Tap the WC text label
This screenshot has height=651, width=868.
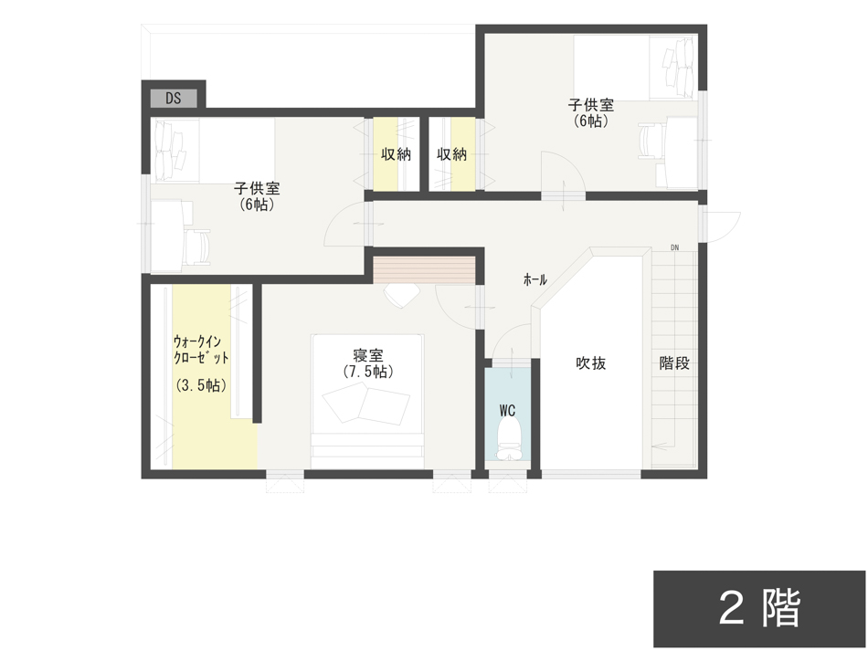(508, 411)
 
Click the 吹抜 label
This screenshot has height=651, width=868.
(590, 362)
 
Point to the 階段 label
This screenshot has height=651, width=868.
(674, 362)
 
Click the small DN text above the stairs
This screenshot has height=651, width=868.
(674, 247)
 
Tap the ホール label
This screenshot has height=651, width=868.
(535, 279)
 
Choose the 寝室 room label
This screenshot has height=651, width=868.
(367, 354)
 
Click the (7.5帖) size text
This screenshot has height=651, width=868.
(367, 372)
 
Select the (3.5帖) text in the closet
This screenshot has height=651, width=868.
(201, 385)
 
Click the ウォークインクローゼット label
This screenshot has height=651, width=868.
(201, 349)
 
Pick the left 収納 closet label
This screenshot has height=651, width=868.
(396, 154)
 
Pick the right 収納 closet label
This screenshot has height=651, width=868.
(451, 154)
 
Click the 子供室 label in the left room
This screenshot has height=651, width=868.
(257, 189)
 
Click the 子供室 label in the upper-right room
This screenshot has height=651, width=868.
(590, 105)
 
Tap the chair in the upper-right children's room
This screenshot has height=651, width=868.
(651, 142)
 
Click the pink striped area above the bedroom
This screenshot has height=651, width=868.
(425, 270)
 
